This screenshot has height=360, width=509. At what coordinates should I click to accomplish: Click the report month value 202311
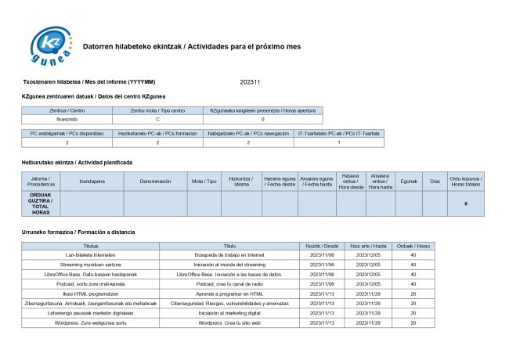click(251, 81)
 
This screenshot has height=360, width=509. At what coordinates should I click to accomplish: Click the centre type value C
click(157, 119)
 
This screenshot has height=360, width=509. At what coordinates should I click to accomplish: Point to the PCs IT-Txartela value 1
click(338, 142)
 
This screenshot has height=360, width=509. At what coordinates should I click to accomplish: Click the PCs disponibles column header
click(67, 134)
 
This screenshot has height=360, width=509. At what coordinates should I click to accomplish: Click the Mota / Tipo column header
click(204, 181)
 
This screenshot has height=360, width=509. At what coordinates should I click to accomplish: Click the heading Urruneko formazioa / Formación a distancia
click(78, 232)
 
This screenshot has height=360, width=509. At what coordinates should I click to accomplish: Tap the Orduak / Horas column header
click(413, 245)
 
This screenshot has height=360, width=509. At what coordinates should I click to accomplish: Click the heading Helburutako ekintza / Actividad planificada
click(77, 162)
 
